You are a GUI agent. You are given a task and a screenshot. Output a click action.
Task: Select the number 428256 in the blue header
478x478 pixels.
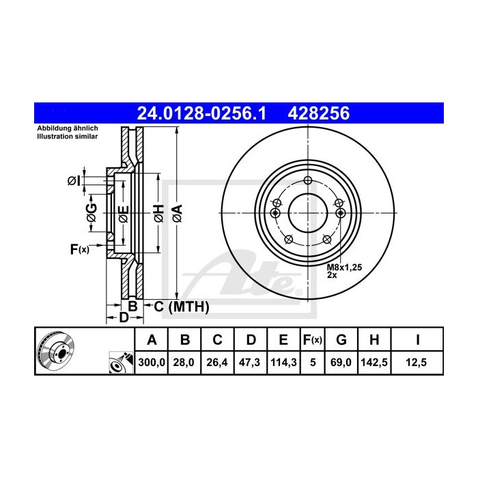320,113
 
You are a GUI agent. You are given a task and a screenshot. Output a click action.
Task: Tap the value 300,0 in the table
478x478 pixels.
152,363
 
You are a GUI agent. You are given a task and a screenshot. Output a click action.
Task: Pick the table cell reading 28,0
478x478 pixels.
184,363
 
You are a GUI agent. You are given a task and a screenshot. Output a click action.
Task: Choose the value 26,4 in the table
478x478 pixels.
216,363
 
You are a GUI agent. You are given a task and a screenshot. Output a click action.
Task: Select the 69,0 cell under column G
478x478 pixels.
342,363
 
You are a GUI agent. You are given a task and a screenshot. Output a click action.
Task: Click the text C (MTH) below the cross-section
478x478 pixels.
180,307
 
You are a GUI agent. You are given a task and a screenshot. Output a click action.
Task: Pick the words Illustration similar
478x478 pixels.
67,137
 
